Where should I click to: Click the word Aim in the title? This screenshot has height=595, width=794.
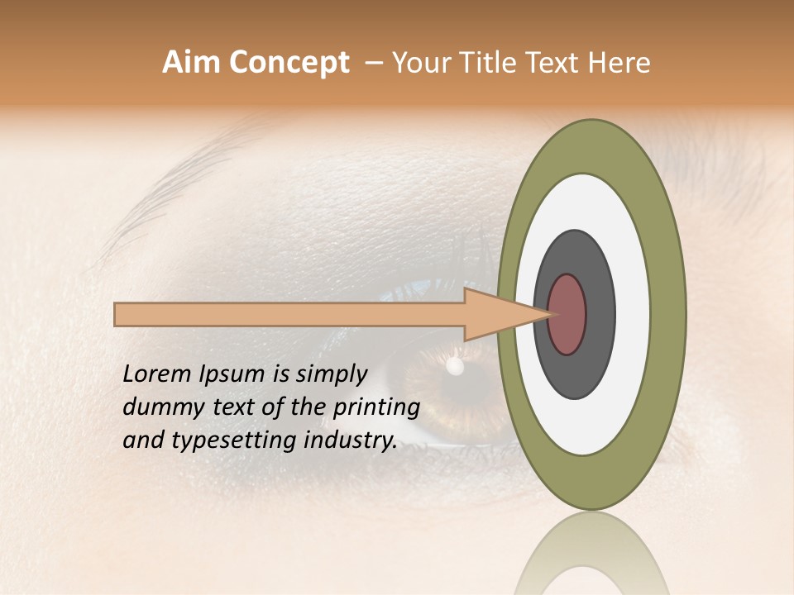[192, 63]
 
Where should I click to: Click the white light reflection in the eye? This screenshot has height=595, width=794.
[454, 365]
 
